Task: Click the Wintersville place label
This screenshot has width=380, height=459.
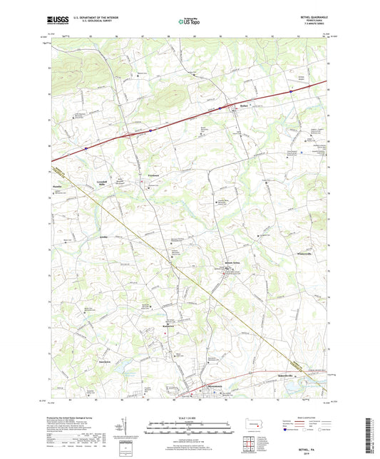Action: coord(304,254)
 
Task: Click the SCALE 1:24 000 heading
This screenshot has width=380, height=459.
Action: coord(190,418)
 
